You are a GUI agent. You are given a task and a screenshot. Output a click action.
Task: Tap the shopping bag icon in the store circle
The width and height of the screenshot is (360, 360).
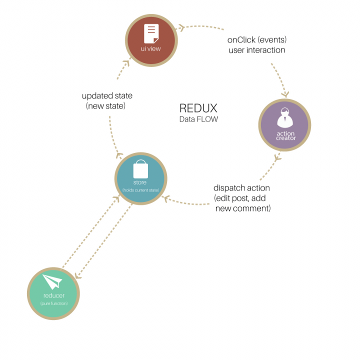coord(140,169)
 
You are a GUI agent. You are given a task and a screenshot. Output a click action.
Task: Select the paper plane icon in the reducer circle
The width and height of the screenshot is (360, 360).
coord(52,283)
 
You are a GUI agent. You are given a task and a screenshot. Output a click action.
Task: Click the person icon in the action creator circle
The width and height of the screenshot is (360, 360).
coord(284,118)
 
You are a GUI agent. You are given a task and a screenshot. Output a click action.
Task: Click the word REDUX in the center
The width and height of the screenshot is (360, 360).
coord(199,108)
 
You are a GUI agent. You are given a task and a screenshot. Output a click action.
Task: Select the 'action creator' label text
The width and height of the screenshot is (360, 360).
coord(285,135)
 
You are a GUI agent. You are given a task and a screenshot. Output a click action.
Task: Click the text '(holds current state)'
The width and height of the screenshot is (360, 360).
coord(140,190)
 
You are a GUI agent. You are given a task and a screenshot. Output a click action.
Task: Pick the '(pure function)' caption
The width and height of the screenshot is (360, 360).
coord(53,303)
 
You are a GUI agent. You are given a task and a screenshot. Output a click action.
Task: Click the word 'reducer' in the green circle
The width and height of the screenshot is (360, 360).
coord(53,295)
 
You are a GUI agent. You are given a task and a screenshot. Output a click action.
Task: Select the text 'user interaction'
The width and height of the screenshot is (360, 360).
coord(256,50)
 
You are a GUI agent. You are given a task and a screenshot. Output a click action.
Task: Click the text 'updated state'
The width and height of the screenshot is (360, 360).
coord(107,96)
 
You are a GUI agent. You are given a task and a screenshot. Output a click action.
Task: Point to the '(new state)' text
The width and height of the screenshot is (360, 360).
coord(106,106)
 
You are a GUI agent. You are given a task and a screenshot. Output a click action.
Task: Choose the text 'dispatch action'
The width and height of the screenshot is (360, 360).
coord(241,188)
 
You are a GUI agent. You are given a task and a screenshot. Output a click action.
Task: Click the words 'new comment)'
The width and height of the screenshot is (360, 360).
coord(243,208)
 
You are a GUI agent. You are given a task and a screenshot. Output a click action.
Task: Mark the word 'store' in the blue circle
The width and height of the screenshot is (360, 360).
coord(140,182)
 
